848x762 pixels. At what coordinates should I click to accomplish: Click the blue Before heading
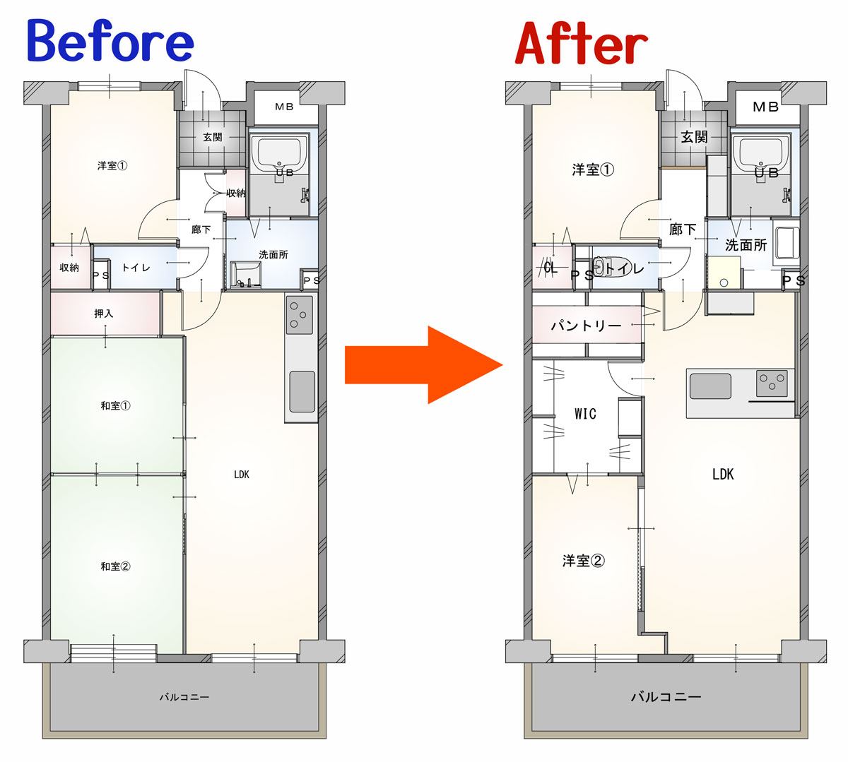pos(110,41)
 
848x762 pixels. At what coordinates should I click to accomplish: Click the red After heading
pos(582,43)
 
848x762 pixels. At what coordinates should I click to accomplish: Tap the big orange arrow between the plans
pos(423,364)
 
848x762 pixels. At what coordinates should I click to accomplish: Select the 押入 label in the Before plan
pos(104,313)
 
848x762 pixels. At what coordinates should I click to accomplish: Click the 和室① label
pos(115,406)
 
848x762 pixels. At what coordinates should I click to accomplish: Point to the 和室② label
pos(115,566)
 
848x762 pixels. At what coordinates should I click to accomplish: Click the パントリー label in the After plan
pos(586,325)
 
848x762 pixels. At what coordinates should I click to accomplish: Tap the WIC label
pos(586,413)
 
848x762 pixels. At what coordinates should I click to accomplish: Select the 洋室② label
pos(584,561)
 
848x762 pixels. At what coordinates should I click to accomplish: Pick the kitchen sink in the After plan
pos(710,386)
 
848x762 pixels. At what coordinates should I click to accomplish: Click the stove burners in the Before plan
pos(300,314)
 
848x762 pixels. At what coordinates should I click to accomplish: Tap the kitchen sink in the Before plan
pos(302,391)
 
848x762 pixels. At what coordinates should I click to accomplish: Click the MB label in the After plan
pos(765,107)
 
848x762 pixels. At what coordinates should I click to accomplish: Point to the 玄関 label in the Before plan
pos(212,137)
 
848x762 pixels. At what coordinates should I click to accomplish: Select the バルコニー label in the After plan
pos(666,696)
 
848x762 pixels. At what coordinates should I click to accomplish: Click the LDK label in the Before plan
pos(242,474)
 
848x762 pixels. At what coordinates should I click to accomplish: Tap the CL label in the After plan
pos(550,267)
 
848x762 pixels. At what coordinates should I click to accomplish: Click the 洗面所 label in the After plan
pos(746,245)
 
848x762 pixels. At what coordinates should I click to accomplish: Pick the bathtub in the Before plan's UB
pos(279,152)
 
